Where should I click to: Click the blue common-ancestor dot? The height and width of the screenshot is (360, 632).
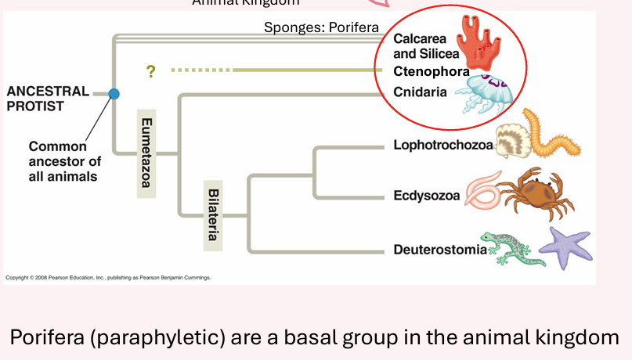114,94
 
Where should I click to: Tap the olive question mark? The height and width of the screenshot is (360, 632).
150,71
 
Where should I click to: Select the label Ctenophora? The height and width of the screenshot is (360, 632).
426,71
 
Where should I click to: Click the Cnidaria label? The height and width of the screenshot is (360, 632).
420,92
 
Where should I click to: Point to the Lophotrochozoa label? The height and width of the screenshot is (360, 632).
442,145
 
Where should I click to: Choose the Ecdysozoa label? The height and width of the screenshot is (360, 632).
427,196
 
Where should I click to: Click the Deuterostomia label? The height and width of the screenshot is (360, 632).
439,250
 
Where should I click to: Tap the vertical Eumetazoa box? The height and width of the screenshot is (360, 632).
146,152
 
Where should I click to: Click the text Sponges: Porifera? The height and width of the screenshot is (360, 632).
321,27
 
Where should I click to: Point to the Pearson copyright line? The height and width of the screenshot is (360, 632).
108,278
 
